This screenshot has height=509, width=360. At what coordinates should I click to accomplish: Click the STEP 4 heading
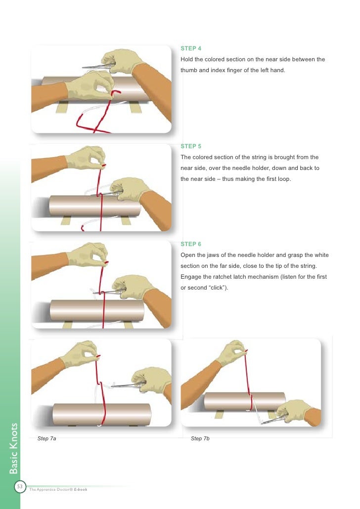point(191,48)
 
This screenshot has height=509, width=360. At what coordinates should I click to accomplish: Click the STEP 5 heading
point(191,146)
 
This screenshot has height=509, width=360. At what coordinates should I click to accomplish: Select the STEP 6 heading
point(191,244)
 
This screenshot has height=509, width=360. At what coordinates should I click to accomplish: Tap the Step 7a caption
point(47,439)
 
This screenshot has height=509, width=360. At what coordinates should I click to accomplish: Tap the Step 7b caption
point(200,439)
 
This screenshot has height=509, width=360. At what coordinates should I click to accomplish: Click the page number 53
point(20,487)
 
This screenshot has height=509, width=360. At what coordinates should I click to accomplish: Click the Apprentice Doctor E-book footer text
point(58,490)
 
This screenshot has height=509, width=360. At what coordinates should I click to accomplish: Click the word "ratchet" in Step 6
point(222,277)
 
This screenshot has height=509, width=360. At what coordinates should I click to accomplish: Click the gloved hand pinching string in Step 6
point(89,254)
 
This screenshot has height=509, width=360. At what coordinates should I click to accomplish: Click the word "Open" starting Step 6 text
point(188,255)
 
